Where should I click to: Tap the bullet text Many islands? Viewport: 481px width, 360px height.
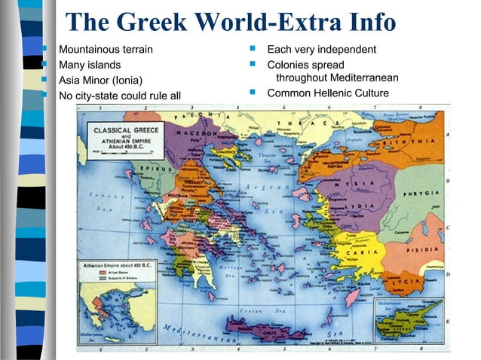coord(90,65)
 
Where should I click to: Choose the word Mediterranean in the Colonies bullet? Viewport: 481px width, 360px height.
coord(358,78)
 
